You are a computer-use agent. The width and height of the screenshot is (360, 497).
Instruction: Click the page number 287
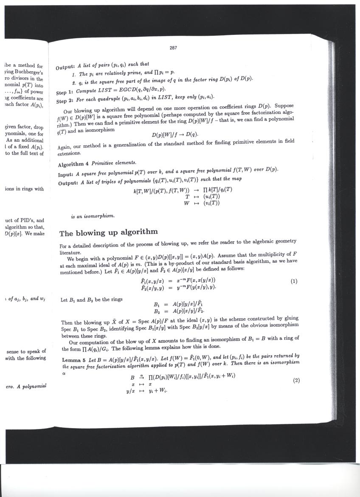pyautogui.click(x=173, y=48)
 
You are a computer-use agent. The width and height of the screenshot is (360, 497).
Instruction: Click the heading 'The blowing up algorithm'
pyautogui.click(x=108, y=232)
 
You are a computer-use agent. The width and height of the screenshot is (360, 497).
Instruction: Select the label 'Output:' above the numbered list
pyautogui.click(x=66, y=67)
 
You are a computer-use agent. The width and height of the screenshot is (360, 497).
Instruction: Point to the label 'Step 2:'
pyautogui.click(x=65, y=101)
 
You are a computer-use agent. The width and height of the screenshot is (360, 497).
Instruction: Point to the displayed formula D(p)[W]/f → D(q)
pyautogui.click(x=175, y=135)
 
